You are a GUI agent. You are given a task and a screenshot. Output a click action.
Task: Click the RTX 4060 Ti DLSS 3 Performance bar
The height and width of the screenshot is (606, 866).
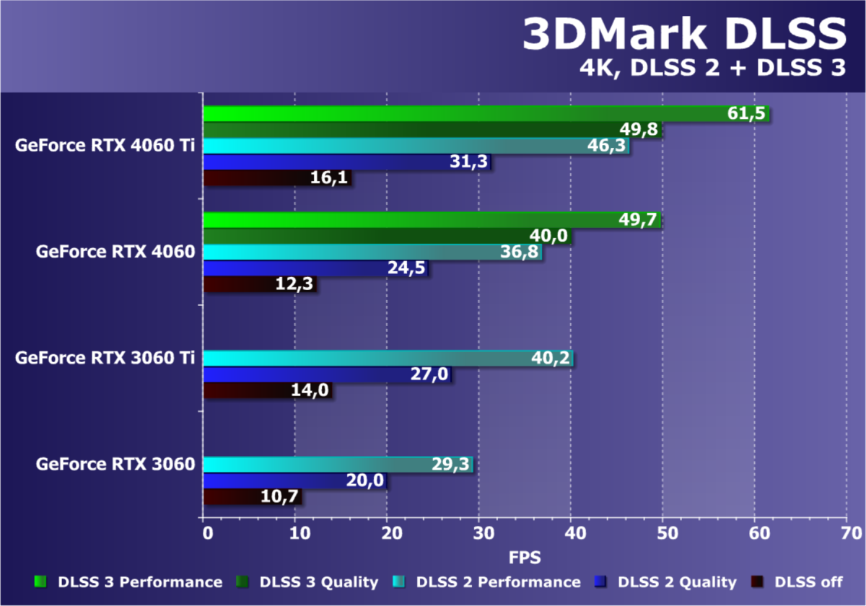tap(462, 114)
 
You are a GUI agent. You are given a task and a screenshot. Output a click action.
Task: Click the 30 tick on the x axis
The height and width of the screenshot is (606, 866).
tap(479, 533)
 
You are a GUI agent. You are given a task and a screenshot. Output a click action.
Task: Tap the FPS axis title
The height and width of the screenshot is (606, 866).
tap(525, 557)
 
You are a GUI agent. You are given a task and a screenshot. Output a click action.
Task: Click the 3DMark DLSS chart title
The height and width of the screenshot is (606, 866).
tap(683, 34)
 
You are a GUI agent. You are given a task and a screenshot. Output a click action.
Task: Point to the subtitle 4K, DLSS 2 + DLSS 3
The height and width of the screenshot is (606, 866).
tap(712, 69)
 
